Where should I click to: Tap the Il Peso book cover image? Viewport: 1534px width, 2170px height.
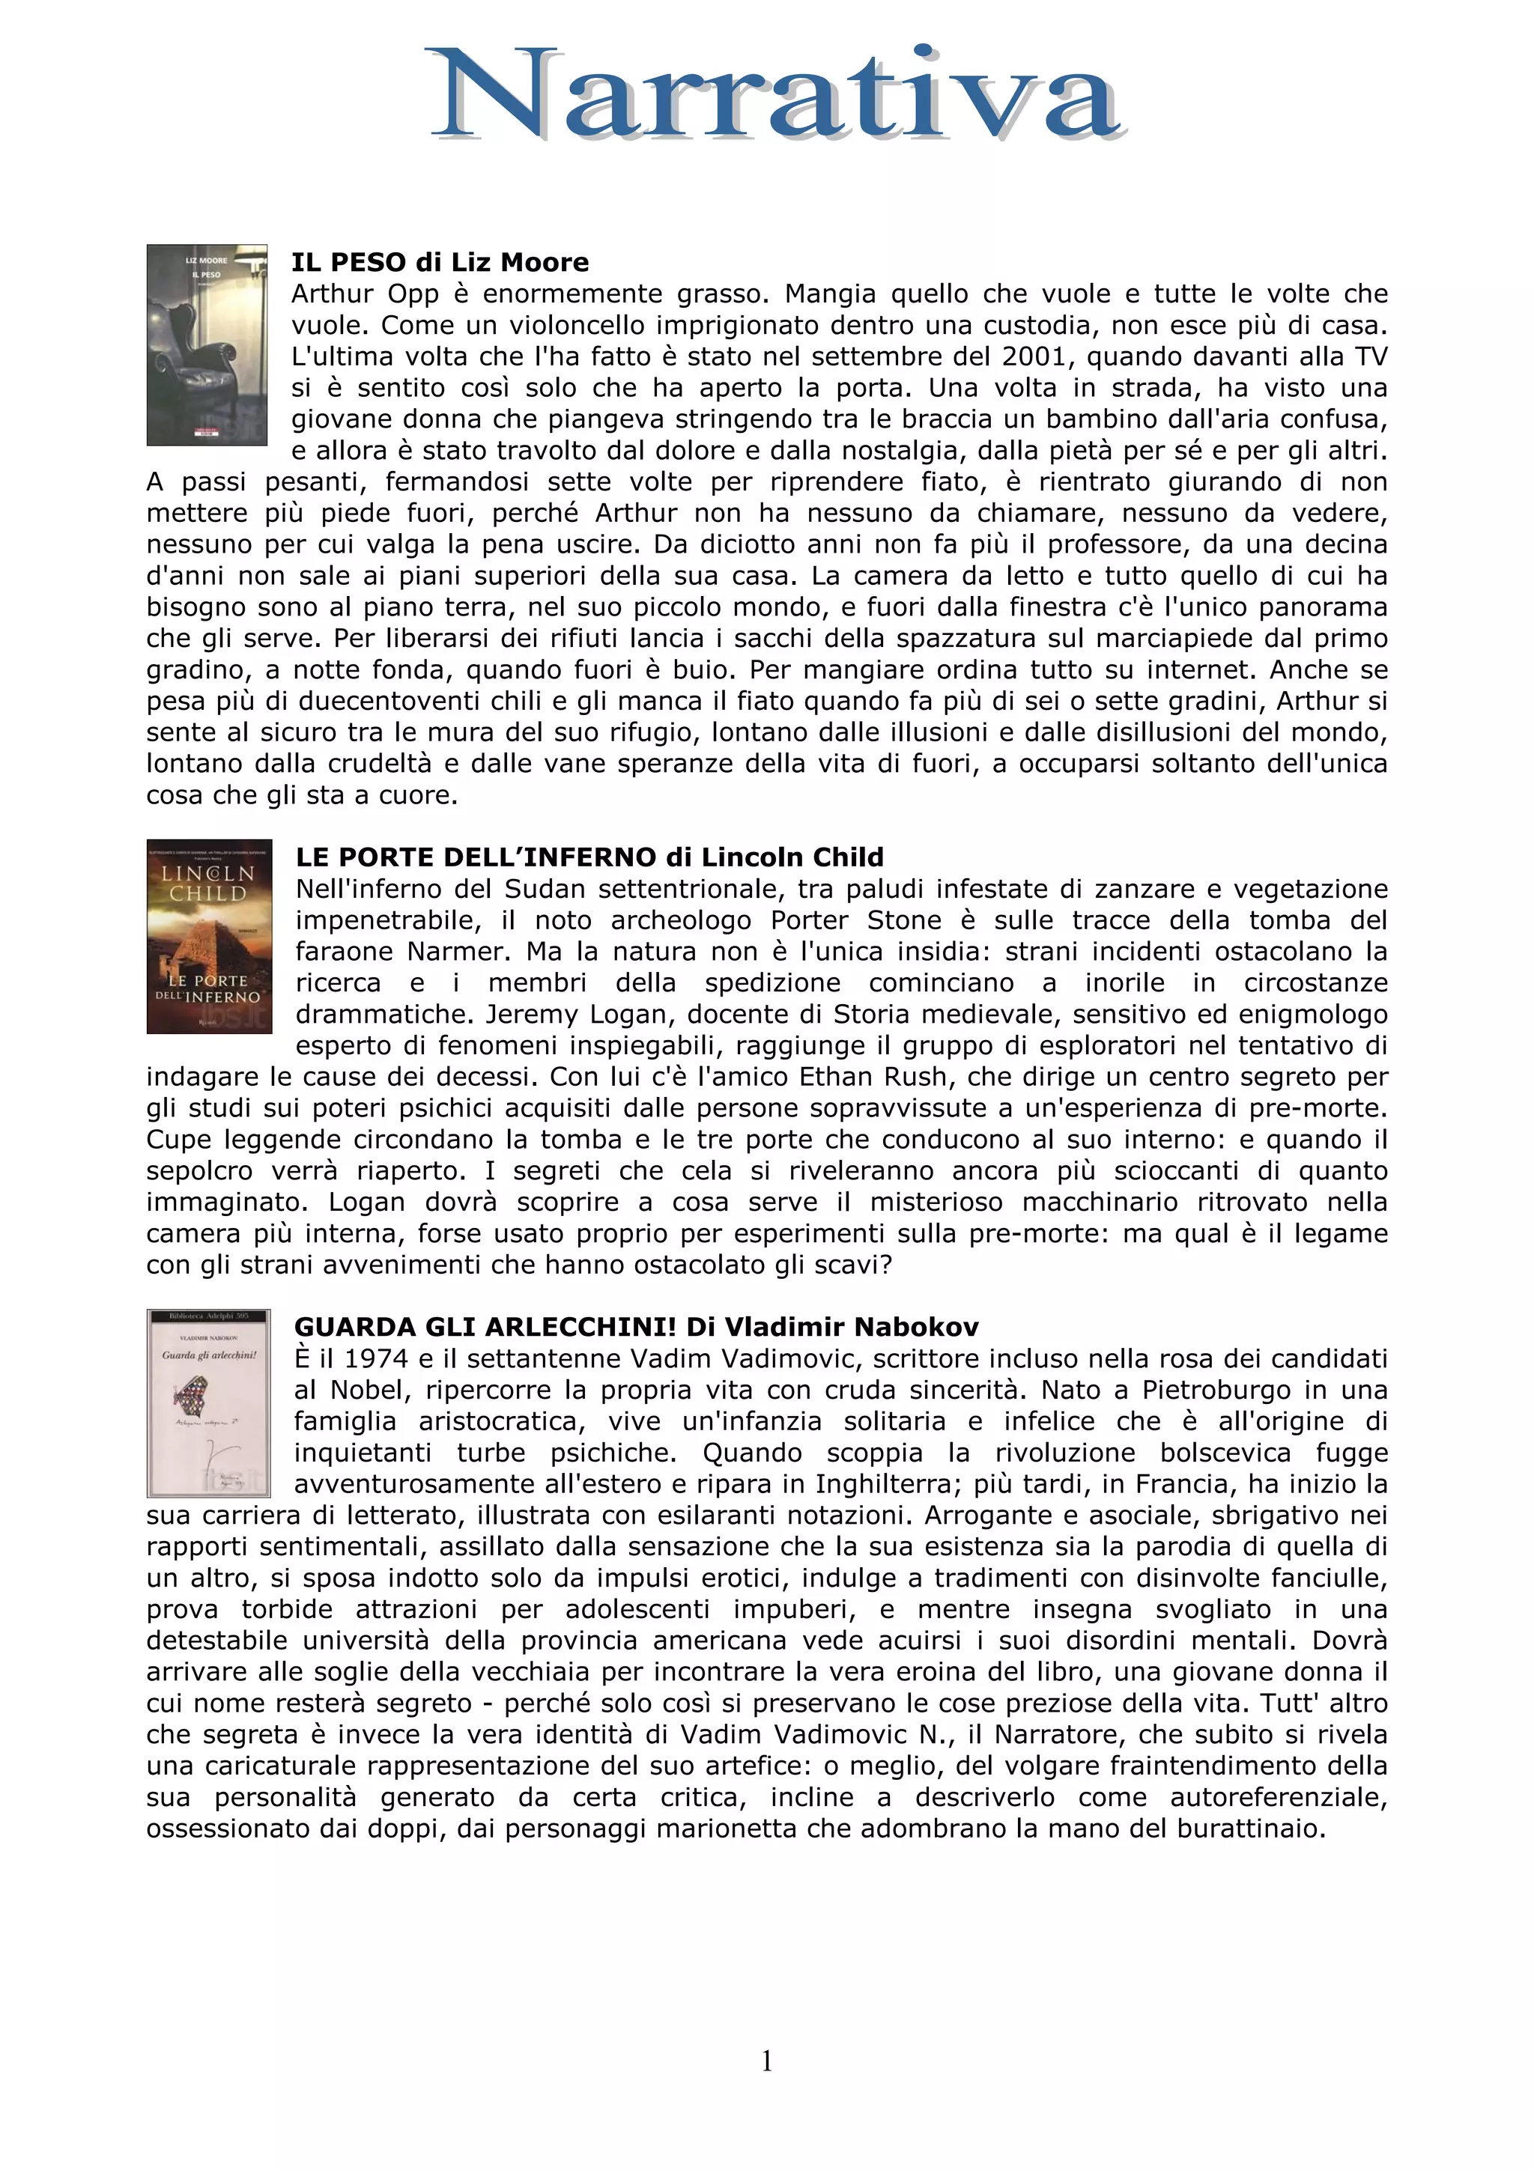206,345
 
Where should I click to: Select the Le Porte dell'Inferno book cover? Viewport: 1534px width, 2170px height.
209,936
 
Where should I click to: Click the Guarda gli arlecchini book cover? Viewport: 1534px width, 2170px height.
209,1402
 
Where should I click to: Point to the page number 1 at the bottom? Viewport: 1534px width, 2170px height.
766,2061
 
